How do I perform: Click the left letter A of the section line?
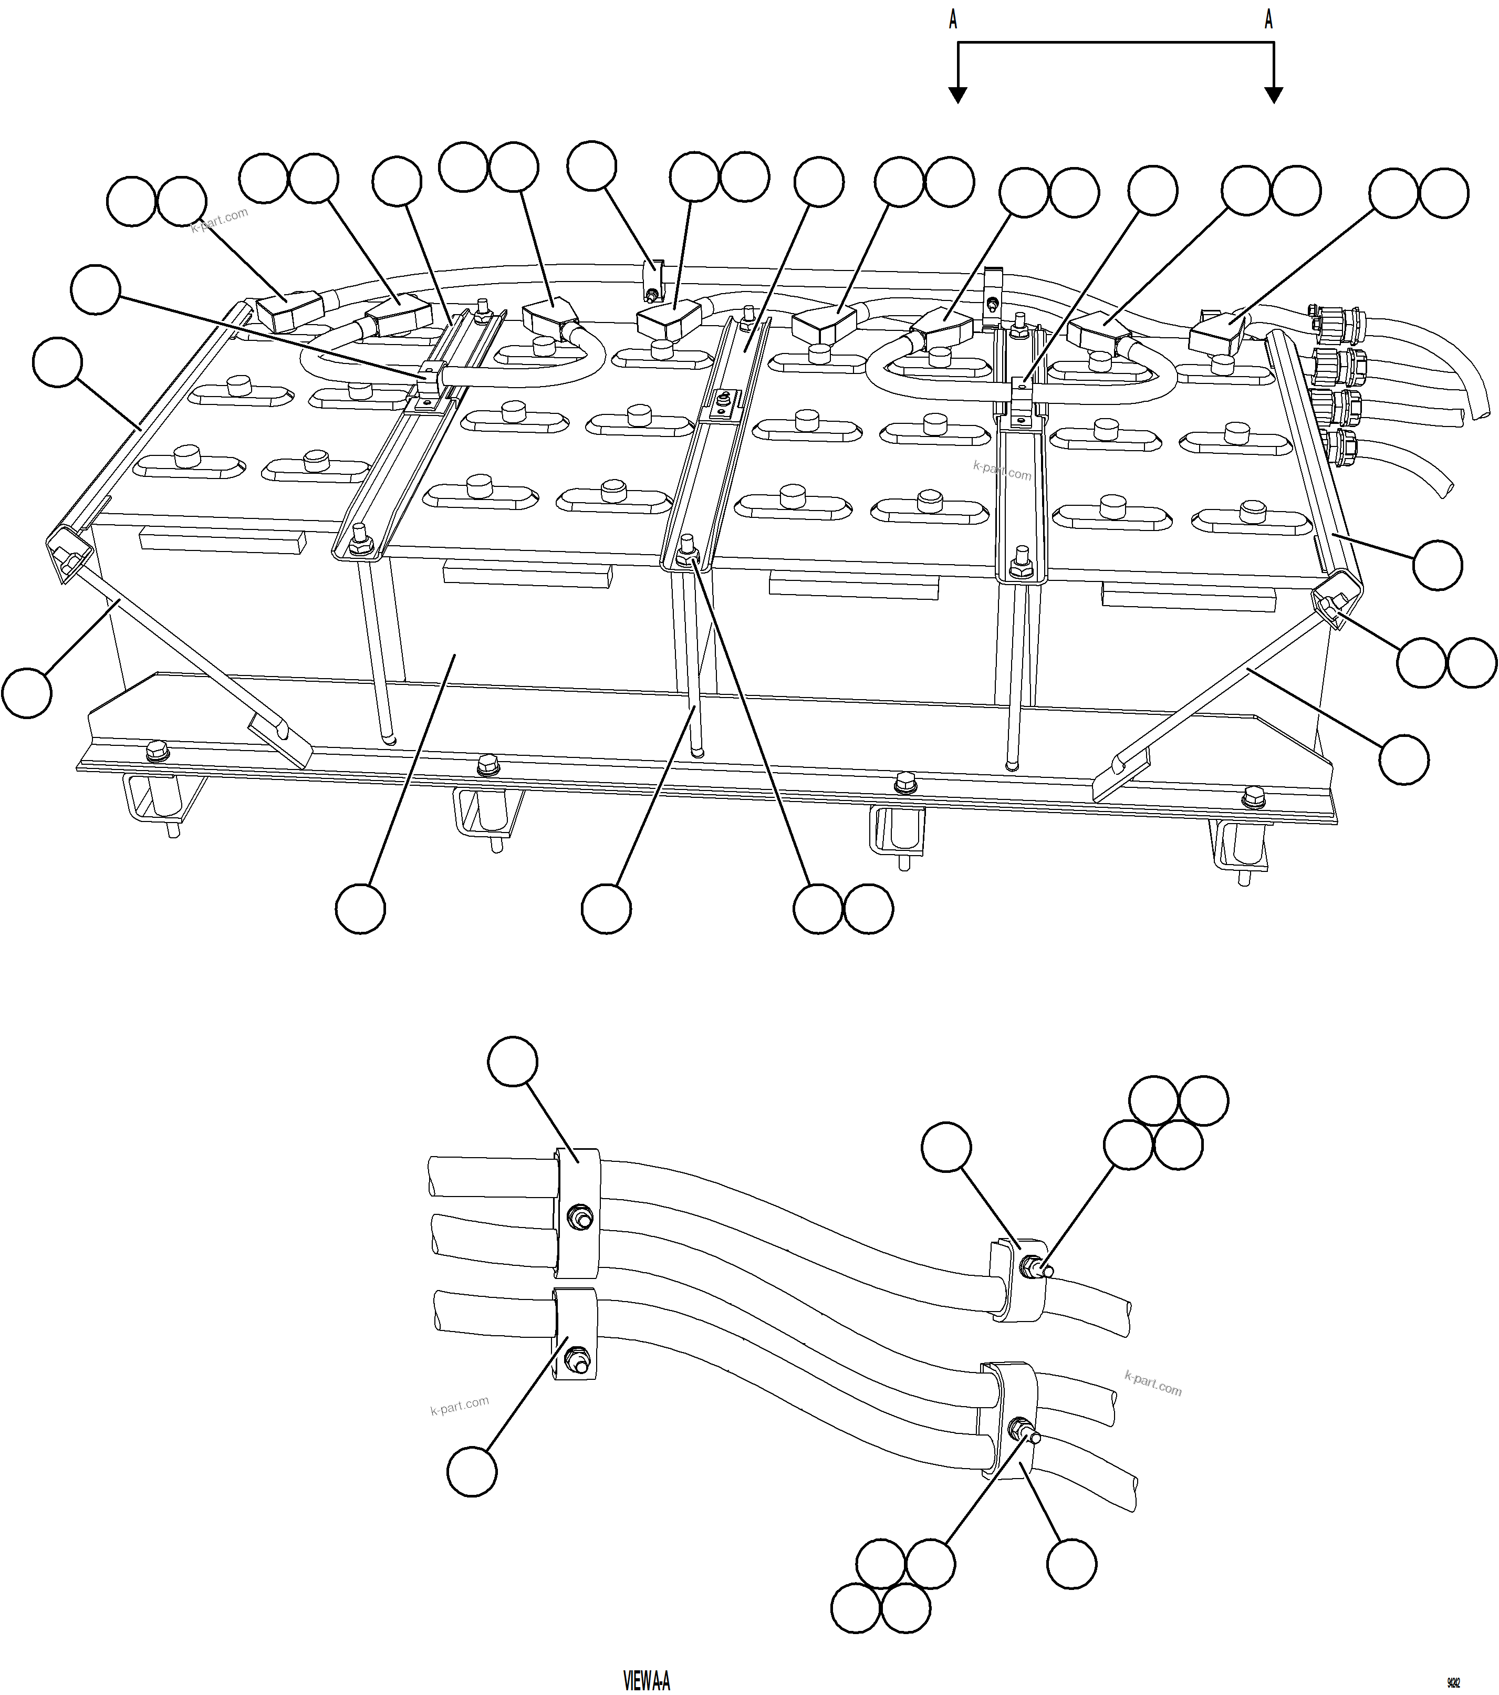point(953,20)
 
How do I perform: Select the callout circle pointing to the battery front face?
point(361,909)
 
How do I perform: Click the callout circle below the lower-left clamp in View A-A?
point(472,1472)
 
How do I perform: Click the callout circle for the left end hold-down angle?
point(58,361)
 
